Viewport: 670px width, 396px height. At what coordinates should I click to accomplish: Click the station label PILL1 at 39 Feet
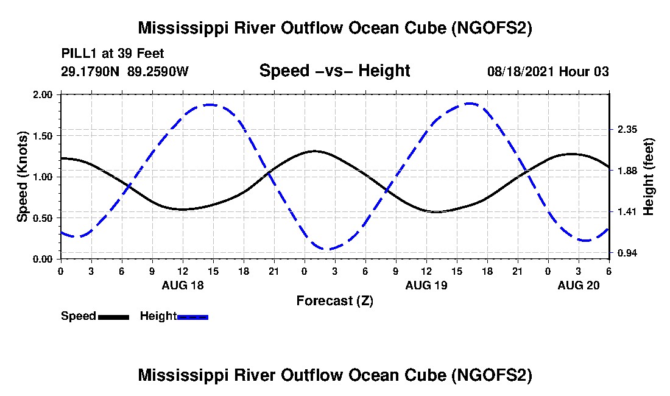pos(113,54)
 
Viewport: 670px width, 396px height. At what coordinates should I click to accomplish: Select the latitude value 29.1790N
pos(91,71)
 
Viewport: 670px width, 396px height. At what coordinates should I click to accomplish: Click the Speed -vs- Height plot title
pos(334,71)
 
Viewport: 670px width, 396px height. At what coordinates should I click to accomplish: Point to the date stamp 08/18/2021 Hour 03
pos(548,71)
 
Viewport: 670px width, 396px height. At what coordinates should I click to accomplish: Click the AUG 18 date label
pos(183,285)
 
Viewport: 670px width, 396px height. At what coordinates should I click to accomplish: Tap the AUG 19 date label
pos(426,285)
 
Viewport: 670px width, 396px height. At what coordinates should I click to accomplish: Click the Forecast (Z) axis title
pos(334,300)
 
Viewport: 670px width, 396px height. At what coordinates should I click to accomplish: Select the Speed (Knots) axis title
pos(23,177)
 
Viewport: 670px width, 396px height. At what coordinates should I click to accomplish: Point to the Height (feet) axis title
pos(648,177)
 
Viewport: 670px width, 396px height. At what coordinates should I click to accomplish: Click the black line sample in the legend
pos(113,317)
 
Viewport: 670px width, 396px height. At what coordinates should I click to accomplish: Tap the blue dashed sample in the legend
pos(192,317)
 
